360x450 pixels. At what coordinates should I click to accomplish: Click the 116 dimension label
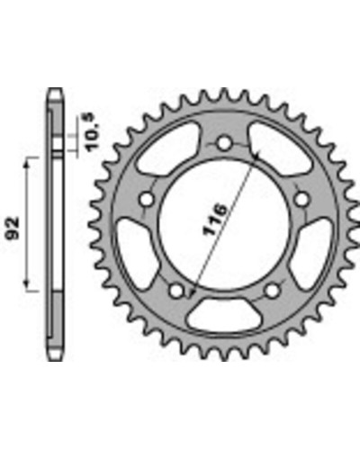tap(215, 220)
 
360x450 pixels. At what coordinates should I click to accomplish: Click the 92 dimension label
tap(13, 228)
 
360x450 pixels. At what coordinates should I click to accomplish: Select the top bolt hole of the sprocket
tap(224, 143)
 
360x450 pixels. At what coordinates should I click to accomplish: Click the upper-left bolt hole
tap(147, 199)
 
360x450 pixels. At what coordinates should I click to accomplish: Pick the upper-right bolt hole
tap(301, 199)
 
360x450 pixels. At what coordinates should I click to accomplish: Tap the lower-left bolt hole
tap(176, 290)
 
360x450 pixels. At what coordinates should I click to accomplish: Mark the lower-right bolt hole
tap(273, 290)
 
